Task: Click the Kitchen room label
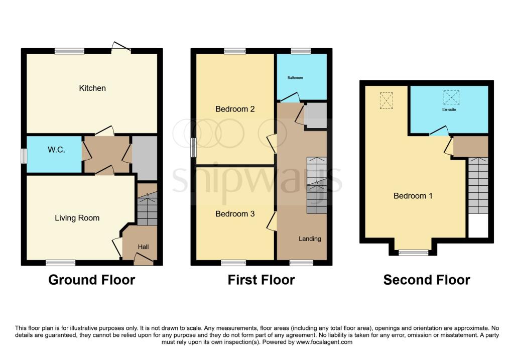tap(92, 88)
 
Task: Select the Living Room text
tap(77, 218)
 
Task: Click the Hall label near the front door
tap(144, 247)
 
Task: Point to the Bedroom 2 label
tap(235, 109)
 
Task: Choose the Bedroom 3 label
tap(235, 214)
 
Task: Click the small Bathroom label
tap(295, 78)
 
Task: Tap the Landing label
tap(310, 238)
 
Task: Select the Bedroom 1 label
tap(413, 196)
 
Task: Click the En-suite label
tap(449, 109)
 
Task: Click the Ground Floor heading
tap(91, 280)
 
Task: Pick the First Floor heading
tap(261, 280)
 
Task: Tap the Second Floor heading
tap(427, 280)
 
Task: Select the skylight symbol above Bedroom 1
tap(387, 100)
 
